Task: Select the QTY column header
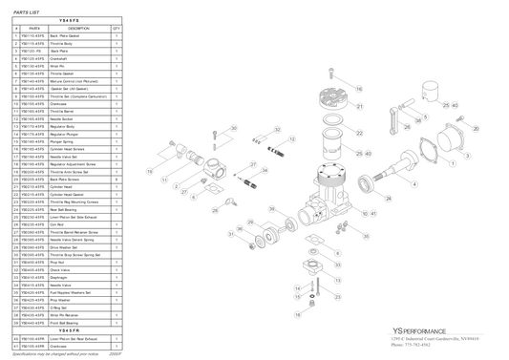tap(116, 29)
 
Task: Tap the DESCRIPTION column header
tap(78, 29)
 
